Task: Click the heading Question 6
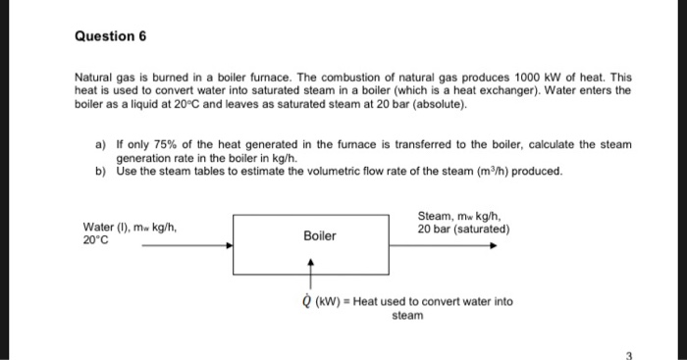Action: point(110,35)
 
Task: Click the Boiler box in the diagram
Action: point(320,236)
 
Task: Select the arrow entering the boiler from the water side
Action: point(186,246)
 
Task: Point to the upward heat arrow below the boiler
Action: point(311,274)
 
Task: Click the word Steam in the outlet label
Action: point(433,217)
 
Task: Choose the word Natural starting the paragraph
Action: point(94,76)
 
